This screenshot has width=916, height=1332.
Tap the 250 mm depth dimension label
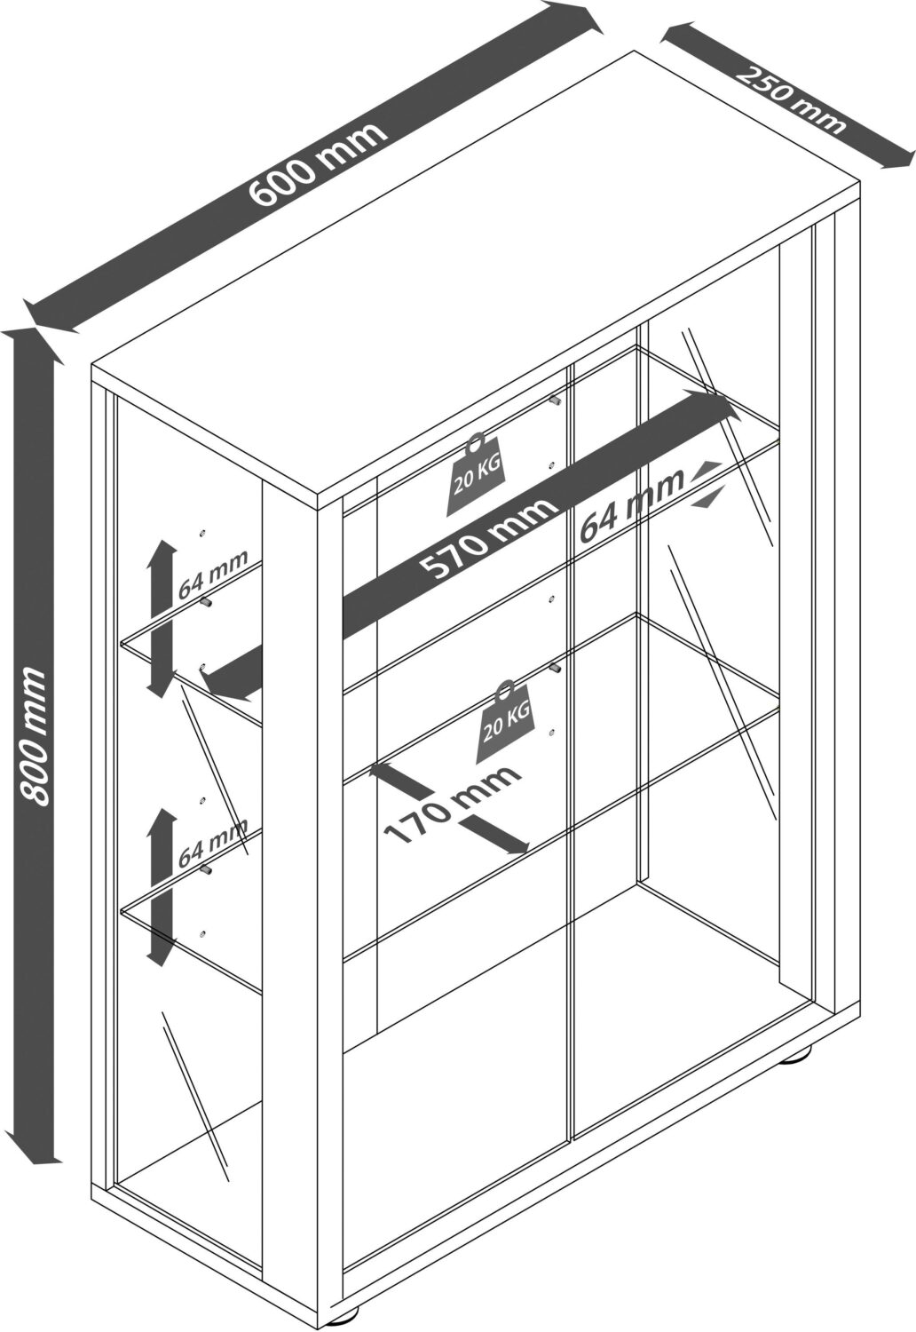tap(791, 99)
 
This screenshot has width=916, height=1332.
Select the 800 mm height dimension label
tap(33, 736)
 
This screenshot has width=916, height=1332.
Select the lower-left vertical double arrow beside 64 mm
tap(161, 884)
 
